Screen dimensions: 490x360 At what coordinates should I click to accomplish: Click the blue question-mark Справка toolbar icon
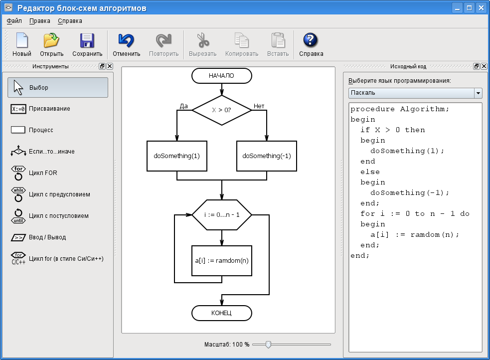pyautogui.click(x=311, y=40)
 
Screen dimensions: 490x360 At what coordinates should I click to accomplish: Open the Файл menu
pyautogui.click(x=14, y=21)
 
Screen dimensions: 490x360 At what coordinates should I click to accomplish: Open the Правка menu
pyautogui.click(x=40, y=21)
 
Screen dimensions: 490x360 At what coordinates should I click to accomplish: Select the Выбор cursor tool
pyautogui.click(x=58, y=87)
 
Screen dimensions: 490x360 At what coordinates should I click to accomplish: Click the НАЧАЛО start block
pyautogui.click(x=221, y=76)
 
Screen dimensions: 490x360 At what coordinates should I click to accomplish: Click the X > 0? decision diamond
pyautogui.click(x=221, y=110)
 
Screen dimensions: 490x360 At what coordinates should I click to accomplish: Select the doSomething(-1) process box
pyautogui.click(x=267, y=156)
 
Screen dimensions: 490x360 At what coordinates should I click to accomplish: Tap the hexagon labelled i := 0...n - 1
pyautogui.click(x=221, y=215)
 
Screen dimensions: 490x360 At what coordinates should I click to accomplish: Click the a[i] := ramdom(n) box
pyautogui.click(x=221, y=261)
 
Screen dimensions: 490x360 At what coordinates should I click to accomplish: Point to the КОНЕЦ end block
pyautogui.click(x=221, y=313)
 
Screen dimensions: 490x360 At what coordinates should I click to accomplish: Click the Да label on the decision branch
pyautogui.click(x=184, y=106)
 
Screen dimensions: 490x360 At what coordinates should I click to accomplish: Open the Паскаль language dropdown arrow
pyautogui.click(x=478, y=93)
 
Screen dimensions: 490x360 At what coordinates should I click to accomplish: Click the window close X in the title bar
pyautogui.click(x=481, y=8)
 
